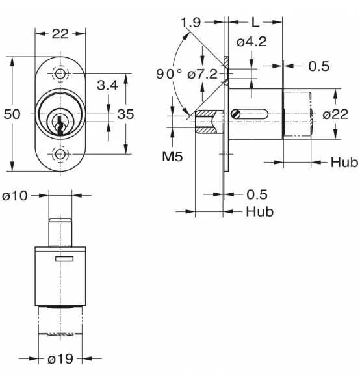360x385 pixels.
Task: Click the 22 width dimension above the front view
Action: (x=60, y=34)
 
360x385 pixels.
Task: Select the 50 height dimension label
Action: (x=12, y=114)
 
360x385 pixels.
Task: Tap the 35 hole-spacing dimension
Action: (x=125, y=114)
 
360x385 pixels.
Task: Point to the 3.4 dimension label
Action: (x=107, y=85)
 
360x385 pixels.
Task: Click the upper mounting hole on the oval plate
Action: (x=60, y=73)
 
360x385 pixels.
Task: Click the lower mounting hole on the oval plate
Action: (x=60, y=154)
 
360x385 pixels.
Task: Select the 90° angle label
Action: (x=169, y=73)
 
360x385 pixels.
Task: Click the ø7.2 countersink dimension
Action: (x=203, y=74)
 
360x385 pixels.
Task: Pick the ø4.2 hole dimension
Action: (x=251, y=42)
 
